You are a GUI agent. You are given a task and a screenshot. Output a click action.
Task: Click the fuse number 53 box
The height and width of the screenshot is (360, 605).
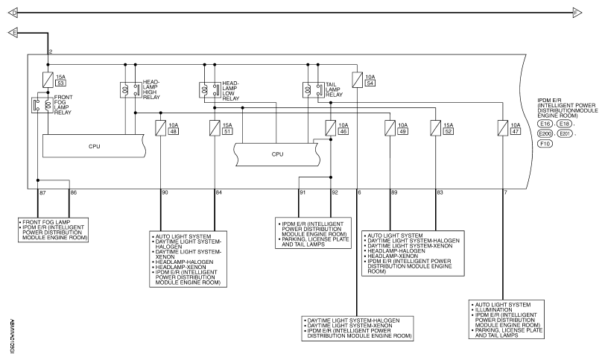60,83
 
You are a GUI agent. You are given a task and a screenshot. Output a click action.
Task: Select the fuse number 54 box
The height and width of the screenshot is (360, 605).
370,83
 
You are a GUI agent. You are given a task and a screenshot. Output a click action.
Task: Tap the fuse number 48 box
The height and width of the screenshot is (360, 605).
174,131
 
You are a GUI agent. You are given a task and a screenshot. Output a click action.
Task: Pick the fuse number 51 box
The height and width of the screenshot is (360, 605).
227,131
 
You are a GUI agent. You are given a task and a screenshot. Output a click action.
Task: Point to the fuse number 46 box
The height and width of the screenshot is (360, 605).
343,131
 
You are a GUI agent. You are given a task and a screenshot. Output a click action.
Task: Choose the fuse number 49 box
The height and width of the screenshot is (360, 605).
403,131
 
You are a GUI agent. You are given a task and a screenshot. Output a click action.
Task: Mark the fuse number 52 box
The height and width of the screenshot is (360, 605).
449,131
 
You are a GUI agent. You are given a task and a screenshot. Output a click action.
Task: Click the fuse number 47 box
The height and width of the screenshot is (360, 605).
516,131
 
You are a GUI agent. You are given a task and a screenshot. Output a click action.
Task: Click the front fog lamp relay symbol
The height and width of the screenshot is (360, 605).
42,105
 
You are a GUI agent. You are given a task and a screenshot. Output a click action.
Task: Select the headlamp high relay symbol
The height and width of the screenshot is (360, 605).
130,90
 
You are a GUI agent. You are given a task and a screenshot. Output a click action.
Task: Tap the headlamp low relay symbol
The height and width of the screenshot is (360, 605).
209,90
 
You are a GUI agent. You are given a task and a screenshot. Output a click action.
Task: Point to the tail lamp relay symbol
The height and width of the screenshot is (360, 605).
313,90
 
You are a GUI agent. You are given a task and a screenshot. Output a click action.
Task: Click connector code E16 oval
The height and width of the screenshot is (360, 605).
545,124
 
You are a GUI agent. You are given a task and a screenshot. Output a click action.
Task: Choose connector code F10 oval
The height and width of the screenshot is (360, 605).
545,144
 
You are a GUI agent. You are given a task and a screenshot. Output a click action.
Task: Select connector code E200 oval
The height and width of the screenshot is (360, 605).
545,134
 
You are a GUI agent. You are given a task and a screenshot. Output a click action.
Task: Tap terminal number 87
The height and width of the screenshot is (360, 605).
42,192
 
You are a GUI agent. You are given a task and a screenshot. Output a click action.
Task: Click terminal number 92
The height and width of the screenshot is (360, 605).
335,192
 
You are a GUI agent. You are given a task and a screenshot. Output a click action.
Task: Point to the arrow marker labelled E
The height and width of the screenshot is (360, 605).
13,33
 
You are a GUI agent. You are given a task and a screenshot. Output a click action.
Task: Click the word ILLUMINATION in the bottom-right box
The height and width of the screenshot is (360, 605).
493,310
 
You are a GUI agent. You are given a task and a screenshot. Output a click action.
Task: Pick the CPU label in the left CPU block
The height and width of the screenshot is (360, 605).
94,146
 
